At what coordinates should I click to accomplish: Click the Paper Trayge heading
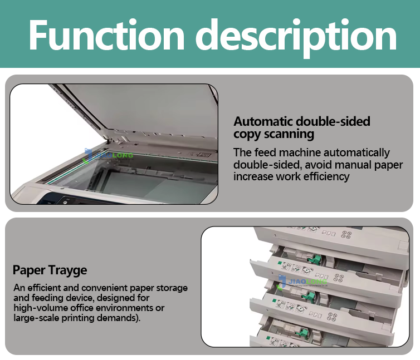[x=50, y=271]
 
